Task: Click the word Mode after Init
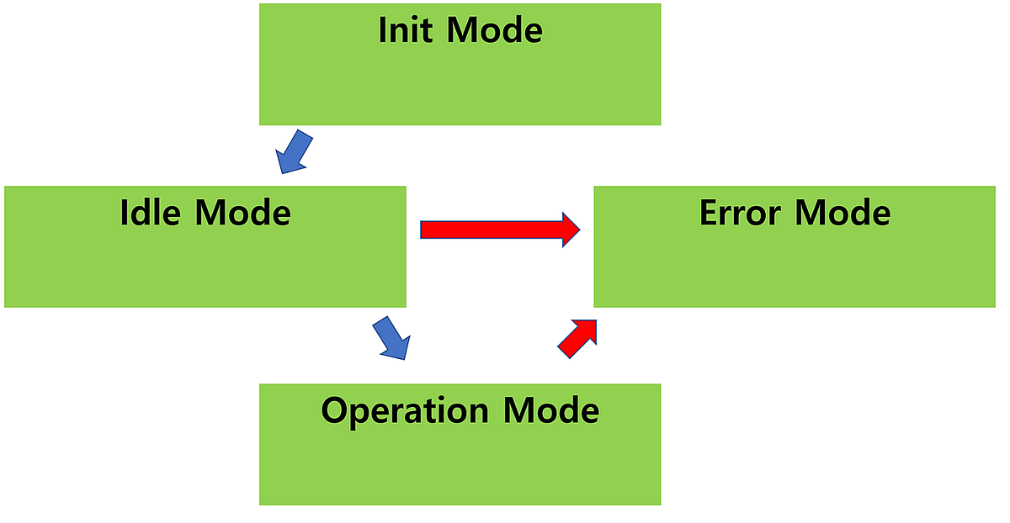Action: (494, 30)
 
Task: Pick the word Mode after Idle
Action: (243, 212)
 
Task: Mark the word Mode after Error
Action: (843, 213)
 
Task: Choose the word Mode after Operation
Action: (551, 411)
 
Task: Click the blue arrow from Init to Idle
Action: (294, 152)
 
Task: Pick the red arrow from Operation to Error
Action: (577, 339)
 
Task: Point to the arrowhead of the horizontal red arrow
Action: (570, 229)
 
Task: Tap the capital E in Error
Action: (710, 213)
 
